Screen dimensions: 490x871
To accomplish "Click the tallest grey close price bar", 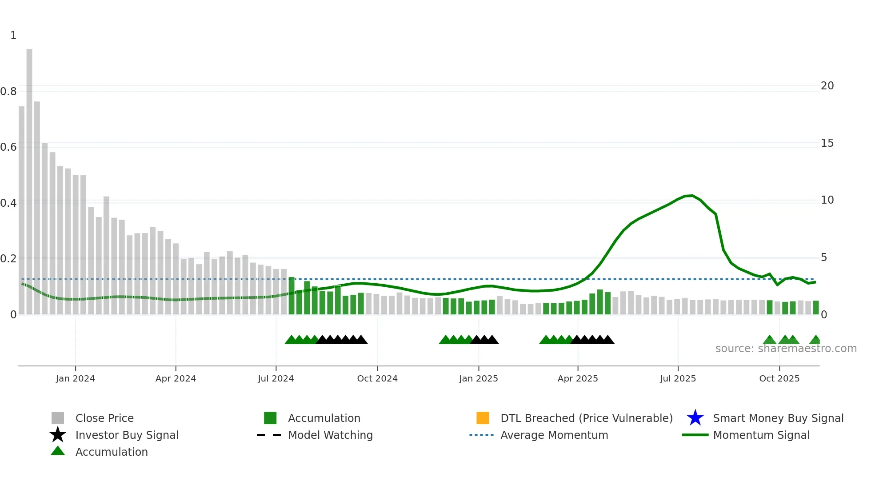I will (29, 178).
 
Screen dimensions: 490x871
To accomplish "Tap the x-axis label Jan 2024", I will (75, 378).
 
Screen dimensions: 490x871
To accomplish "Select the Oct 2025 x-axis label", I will (779, 378).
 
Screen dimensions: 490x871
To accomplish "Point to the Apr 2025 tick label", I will (578, 378).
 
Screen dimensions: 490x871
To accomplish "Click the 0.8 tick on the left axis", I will (8, 92).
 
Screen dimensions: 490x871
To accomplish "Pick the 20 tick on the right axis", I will (827, 86).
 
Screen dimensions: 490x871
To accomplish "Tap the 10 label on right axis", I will (827, 200).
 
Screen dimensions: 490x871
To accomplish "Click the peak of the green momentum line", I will (691, 196).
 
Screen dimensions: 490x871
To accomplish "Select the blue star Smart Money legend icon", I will (695, 418).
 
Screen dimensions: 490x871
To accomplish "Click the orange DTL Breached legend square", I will (483, 418).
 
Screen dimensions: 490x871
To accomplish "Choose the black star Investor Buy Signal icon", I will (58, 435).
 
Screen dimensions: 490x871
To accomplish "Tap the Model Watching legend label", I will (330, 435).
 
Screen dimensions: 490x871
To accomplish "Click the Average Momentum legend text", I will (554, 435).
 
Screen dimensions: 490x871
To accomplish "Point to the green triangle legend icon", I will (58, 451).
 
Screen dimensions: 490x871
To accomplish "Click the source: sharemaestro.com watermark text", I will (786, 349).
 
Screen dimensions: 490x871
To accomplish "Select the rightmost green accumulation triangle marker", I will (815, 340).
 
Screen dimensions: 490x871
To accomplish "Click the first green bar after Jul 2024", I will (292, 296).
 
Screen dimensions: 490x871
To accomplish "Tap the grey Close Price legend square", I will (58, 418).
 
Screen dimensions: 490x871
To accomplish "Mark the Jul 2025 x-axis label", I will (678, 378).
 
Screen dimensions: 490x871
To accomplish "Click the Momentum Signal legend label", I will (761, 435).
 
